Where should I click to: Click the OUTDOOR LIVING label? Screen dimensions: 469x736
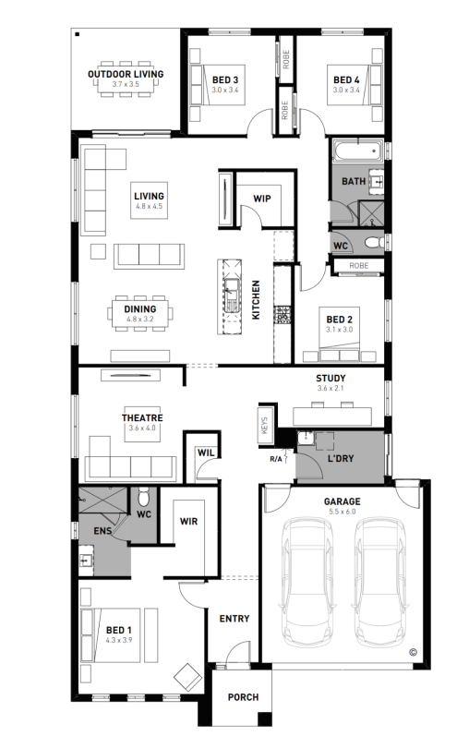(126, 74)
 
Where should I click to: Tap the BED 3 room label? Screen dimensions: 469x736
(225, 79)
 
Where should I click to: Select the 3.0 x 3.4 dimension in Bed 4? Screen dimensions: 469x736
(346, 90)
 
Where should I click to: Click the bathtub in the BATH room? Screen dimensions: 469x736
(357, 151)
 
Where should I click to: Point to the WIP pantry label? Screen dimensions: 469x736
(262, 199)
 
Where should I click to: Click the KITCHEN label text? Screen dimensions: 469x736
(256, 300)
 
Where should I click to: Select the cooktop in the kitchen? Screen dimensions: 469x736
(283, 315)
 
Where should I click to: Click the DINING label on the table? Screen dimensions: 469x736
(140, 308)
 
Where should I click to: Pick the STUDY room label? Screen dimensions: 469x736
(331, 378)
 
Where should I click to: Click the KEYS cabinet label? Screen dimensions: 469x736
(264, 426)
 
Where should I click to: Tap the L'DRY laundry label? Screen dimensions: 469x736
(341, 458)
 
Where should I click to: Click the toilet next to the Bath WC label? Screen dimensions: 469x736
(374, 243)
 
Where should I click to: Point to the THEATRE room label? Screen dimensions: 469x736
(142, 417)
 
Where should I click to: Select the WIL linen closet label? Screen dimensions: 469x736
(206, 453)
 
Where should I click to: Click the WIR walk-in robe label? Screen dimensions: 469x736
(188, 521)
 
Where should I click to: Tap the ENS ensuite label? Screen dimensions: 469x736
(102, 531)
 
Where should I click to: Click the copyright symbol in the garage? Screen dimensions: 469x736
(413, 652)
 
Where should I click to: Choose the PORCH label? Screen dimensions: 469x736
(243, 697)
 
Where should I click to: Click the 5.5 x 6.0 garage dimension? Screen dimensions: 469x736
(343, 512)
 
